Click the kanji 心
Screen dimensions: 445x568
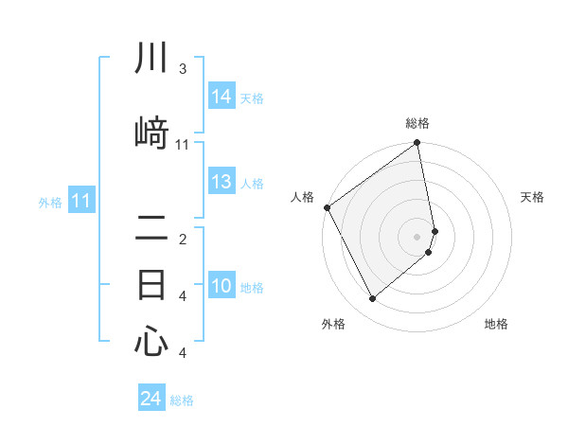point(151,342)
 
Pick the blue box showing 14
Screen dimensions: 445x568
point(222,97)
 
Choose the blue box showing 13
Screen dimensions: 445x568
point(222,183)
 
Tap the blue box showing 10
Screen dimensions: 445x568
point(222,287)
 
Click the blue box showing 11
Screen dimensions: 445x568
point(81,201)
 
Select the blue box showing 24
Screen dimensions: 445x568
point(151,399)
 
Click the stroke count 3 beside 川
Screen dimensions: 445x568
point(183,69)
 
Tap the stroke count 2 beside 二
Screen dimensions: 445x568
point(183,240)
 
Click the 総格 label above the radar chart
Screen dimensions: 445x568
point(417,123)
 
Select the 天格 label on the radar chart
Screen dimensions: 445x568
point(532,197)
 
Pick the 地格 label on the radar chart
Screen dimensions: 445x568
point(496,325)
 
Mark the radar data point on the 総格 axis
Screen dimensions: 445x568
point(417,144)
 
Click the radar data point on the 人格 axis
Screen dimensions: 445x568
point(327,207)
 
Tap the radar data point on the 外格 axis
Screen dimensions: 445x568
point(372,299)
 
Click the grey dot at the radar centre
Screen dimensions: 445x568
point(417,236)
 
